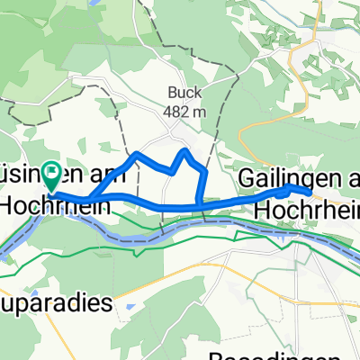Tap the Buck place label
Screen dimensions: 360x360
(184, 91)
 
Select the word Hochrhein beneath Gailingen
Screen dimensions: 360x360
(307, 209)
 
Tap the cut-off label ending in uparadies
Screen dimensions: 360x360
(59, 302)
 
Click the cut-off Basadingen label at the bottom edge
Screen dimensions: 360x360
(269, 354)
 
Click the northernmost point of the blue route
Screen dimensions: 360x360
(184, 150)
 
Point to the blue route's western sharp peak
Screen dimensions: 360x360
(136, 155)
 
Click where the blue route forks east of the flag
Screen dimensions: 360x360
(91, 198)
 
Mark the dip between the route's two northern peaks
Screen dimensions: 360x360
(171, 170)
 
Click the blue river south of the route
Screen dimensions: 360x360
(135, 238)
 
